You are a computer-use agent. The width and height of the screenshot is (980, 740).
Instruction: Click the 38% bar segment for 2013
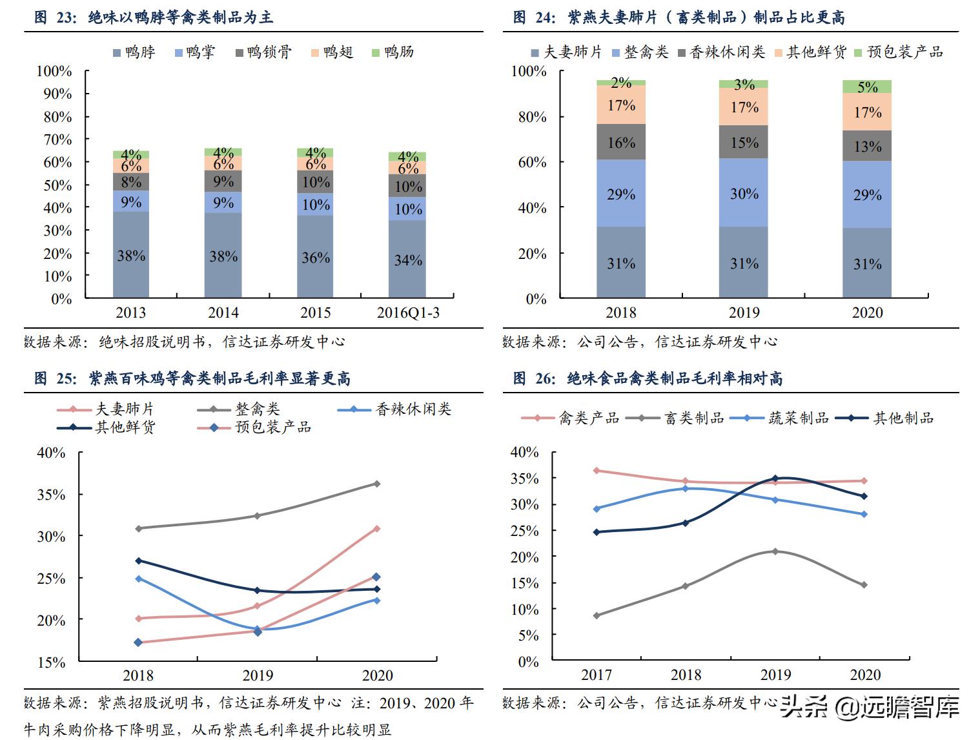131,255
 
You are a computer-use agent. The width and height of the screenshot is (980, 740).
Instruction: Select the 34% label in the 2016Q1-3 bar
408,260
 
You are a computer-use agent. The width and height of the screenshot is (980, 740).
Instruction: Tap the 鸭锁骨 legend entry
263,52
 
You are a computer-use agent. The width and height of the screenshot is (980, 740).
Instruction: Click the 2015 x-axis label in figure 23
316,313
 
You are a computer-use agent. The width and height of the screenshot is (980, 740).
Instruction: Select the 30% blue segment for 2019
744,193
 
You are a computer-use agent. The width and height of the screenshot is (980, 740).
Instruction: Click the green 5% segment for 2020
867,87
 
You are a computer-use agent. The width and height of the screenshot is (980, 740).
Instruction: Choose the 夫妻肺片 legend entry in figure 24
566,52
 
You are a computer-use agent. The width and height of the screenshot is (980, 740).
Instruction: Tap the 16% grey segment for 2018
621,142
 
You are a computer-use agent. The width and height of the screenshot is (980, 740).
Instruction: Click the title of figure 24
678,17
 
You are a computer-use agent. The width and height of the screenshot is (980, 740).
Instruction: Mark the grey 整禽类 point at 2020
377,484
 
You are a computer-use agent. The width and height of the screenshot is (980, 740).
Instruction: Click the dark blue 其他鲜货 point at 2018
138,560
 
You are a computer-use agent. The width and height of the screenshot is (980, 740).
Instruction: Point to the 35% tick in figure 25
51,495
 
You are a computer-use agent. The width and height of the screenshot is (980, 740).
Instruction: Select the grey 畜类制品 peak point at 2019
775,551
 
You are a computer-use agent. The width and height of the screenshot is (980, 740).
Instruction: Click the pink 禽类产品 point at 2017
597,471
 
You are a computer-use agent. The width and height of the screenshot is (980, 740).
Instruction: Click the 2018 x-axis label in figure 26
686,675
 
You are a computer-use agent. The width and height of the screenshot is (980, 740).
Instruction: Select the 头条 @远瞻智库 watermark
869,707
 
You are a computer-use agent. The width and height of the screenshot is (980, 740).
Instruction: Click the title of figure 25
192,379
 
